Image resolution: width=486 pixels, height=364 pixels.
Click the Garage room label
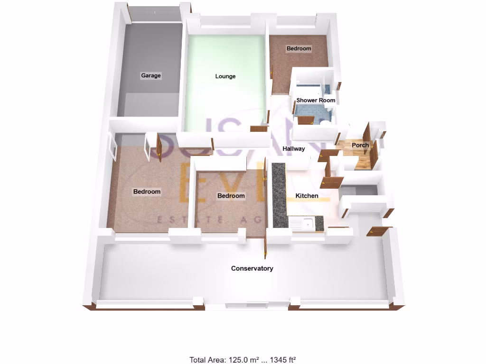[x=151, y=75]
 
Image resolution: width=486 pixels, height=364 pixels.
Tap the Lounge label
[x=225, y=76]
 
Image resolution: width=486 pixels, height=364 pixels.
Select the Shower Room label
[x=316, y=100]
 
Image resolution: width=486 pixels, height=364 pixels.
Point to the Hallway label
[x=294, y=149]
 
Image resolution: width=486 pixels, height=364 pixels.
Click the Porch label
[x=360, y=145]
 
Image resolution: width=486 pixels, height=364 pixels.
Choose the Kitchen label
[x=307, y=196]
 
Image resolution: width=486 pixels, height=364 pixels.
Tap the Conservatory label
[x=252, y=269]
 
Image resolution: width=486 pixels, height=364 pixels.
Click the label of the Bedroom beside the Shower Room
[x=299, y=48]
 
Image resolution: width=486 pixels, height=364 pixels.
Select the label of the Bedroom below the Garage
[x=147, y=191]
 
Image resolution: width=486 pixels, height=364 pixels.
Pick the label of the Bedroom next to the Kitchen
[x=231, y=196]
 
